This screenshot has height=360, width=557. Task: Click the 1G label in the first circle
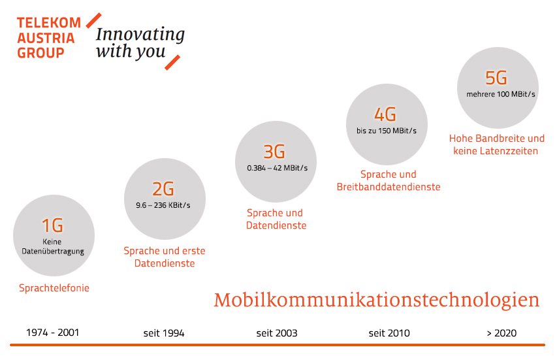coord(53,225)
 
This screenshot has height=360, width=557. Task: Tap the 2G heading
coord(163,189)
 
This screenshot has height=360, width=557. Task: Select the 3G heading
coord(274,152)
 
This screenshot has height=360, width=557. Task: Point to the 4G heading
coord(385,114)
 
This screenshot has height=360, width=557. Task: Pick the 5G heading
coord(496,78)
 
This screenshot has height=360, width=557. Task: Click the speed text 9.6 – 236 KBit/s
coord(163,205)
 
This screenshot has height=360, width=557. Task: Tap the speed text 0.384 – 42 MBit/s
coord(278,168)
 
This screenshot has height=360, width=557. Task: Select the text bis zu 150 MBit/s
coord(387,131)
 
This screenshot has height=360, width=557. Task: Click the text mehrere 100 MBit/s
coord(501,94)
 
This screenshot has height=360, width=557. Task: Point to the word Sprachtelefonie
coord(54,288)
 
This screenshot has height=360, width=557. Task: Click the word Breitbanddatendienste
coord(389,187)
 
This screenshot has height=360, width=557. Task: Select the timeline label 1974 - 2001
coord(53,333)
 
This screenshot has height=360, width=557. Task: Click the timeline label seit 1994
coord(164,333)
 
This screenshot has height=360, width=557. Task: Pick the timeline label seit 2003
coord(277,333)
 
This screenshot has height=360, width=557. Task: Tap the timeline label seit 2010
coord(389,333)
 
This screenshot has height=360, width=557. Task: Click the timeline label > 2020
coord(501,333)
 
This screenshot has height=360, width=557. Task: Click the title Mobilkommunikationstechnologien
coord(377,301)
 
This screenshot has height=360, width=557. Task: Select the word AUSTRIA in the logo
coord(46,38)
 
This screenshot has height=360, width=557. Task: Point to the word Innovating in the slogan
coord(140,35)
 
